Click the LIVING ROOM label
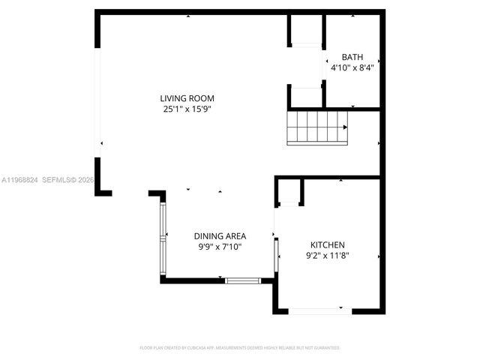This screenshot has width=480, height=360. tap(187, 98)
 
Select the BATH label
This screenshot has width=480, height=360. tap(352, 57)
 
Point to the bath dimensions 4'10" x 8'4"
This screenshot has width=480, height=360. tap(352, 67)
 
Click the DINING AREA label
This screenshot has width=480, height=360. tap(220, 236)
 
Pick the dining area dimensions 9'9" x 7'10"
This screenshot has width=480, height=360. tap(220, 247)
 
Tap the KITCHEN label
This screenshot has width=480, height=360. tap(328, 245)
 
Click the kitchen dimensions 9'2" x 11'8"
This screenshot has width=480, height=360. tap(328, 256)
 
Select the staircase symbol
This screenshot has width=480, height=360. tap(319, 126)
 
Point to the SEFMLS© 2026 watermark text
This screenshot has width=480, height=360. tap(67, 180)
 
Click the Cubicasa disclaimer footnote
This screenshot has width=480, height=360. tap(240, 348)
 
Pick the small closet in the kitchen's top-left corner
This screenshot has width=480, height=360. tap(289, 191)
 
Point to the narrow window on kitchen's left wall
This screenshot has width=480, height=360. tap(275, 255)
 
